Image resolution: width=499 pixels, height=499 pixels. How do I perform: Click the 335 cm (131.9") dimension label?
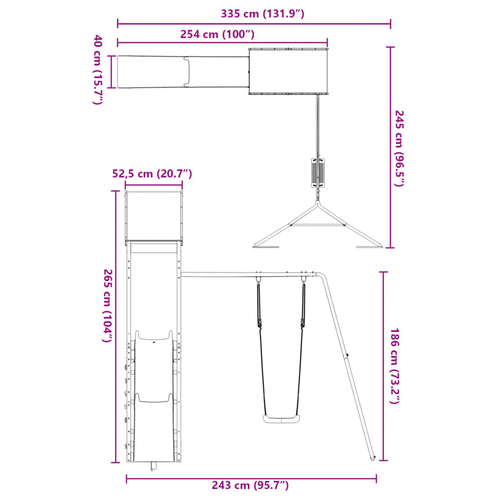(263, 14)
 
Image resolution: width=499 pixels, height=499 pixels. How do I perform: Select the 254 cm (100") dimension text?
(217, 34)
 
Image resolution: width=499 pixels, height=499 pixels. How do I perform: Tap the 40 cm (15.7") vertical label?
(98, 69)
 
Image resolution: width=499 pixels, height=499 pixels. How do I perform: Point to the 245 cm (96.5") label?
(399, 148)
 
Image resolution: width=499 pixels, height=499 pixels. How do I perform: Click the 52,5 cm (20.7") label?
(152, 174)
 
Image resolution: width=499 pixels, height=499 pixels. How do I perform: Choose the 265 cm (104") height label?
(108, 305)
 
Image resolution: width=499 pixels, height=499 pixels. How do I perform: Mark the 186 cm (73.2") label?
(394, 366)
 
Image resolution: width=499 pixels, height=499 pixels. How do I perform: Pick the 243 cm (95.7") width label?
(251, 485)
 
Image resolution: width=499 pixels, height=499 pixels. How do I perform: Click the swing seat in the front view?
(281, 419)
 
